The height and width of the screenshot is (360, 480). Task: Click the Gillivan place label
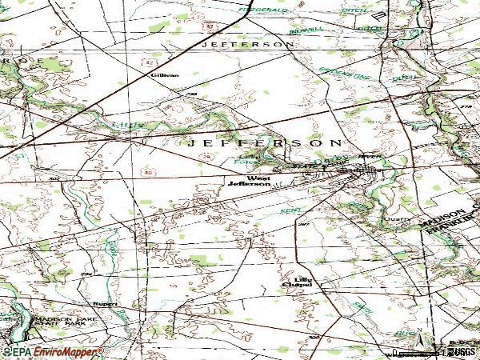click(x=164, y=74)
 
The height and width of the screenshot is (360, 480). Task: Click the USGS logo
click(x=462, y=350)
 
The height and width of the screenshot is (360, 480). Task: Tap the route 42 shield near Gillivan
click(x=150, y=60)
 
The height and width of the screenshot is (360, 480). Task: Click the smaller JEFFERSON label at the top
click(x=248, y=45)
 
